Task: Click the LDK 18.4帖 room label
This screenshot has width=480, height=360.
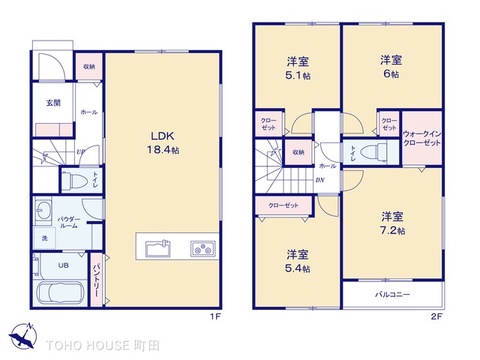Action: pyautogui.click(x=164, y=141)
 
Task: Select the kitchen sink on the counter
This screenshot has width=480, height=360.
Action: pyautogui.click(x=158, y=246)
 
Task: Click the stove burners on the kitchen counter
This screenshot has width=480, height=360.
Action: pyautogui.click(x=202, y=246)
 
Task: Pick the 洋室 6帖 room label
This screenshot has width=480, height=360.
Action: pyautogui.click(x=390, y=67)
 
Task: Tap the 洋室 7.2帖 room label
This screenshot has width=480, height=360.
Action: pyautogui.click(x=392, y=223)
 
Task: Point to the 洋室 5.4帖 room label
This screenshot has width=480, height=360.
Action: pyautogui.click(x=297, y=261)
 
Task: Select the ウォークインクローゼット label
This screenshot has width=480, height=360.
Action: pyautogui.click(x=421, y=139)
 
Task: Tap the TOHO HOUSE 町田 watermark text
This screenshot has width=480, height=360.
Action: pyautogui.click(x=97, y=344)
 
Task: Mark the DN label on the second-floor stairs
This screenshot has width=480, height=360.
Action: pyautogui.click(x=319, y=180)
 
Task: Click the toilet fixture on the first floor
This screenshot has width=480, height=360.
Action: pyautogui.click(x=72, y=181)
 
